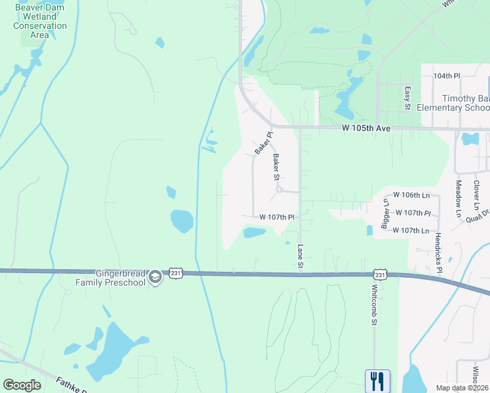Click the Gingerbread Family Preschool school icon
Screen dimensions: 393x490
point(155,277)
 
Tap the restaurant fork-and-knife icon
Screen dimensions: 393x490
point(377,381)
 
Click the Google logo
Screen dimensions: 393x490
point(22,385)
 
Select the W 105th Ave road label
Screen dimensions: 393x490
point(366,128)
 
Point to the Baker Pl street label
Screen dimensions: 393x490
point(263,142)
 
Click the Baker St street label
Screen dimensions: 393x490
point(276,167)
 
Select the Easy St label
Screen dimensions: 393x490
point(407,98)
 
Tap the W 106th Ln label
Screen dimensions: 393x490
point(411,195)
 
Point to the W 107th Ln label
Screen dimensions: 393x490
point(411,231)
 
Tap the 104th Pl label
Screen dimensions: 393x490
point(447,76)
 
